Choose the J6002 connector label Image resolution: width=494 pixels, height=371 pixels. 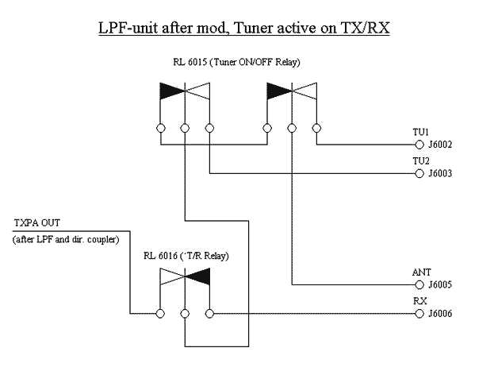coord(440,145)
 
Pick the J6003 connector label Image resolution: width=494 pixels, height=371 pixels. coord(440,173)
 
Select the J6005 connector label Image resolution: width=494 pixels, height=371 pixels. coord(440,284)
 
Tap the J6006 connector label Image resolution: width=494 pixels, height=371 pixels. coord(440,313)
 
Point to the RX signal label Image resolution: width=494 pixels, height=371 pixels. coord(420,301)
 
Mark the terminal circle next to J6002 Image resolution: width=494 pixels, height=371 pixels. coord(419,145)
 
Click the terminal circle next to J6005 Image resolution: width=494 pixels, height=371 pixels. coord(419,284)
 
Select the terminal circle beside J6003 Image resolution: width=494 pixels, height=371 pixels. coord(419,173)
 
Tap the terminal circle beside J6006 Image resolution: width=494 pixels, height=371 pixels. coord(419,313)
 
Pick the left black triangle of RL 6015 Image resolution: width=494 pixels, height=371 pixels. coord(171,91)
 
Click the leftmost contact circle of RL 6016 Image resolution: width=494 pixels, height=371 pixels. coord(160,313)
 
